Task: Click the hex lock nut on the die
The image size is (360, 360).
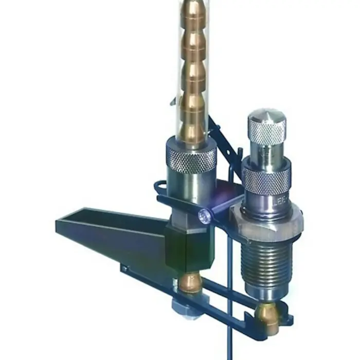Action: [267, 221]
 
